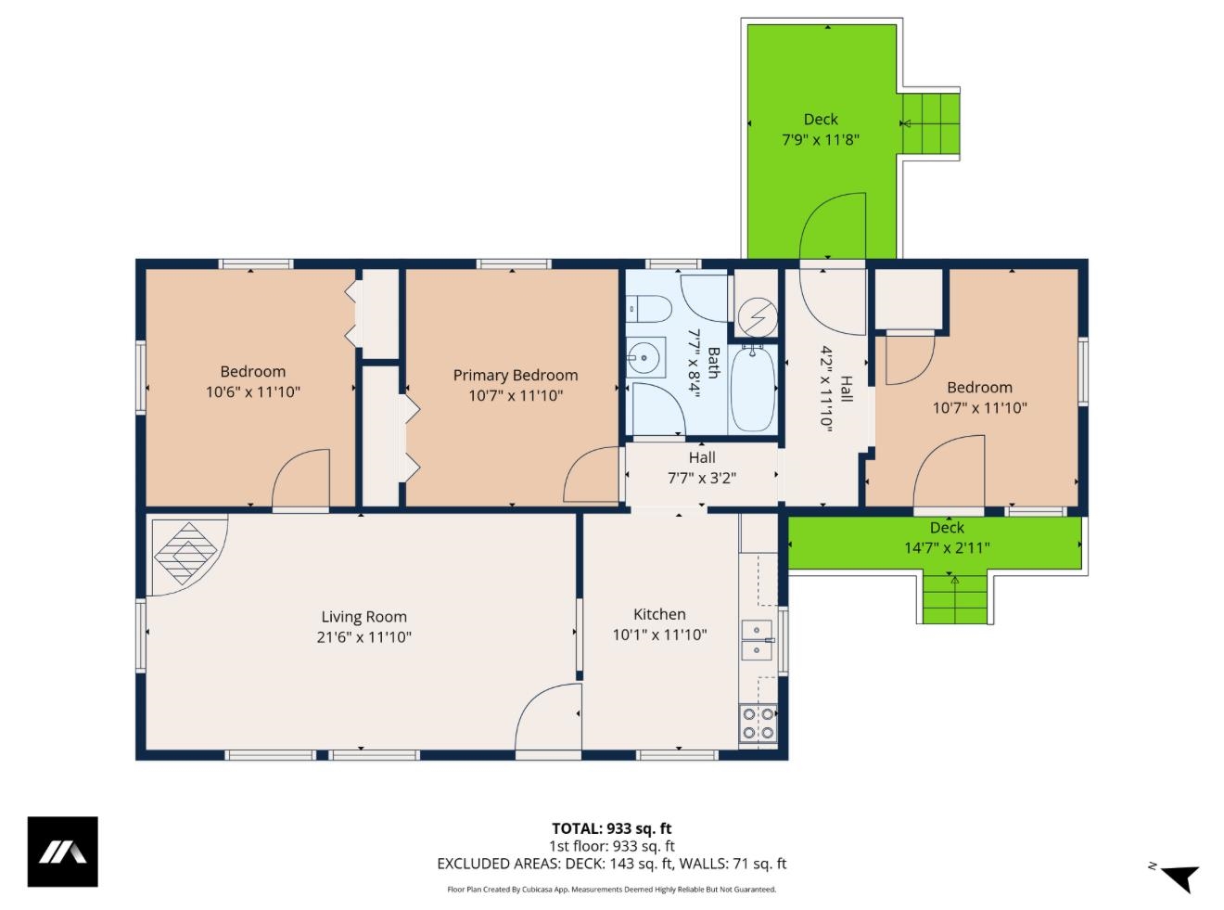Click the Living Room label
[x=363, y=617]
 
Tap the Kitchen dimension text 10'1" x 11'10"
[x=659, y=635]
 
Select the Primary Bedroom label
[x=515, y=375]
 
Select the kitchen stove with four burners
[x=758, y=724]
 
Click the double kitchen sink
[x=757, y=640]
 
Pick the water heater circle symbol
[x=757, y=316]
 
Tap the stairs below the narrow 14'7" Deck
[x=955, y=598]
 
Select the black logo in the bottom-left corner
[x=62, y=852]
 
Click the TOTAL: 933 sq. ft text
[x=611, y=828]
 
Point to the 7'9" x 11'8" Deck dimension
[x=820, y=140]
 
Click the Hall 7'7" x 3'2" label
[x=702, y=468]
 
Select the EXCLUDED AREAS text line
[x=611, y=864]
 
